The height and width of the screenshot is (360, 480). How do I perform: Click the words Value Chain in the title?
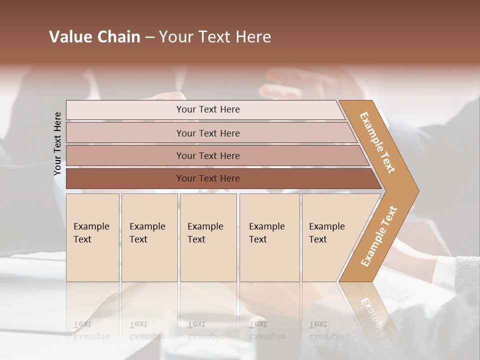point(94,37)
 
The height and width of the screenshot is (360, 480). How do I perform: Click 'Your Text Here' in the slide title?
point(215,37)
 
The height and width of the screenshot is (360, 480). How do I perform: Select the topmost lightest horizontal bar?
point(125,110)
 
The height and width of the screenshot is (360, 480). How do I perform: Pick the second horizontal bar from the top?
point(125,133)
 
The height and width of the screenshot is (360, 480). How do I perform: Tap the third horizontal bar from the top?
point(125,155)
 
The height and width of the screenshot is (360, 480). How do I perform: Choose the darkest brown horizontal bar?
point(125,178)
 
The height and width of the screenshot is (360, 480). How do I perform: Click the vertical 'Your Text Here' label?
point(57,143)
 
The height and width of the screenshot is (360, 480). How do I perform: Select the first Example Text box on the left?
point(92,237)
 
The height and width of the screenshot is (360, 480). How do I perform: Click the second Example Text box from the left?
point(149,237)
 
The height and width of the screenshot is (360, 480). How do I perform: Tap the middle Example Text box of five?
point(208,237)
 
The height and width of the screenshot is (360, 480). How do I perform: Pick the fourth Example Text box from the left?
point(269,237)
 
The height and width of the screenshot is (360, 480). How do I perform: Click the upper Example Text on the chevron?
point(377,142)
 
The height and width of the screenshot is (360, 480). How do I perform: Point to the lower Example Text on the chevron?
point(379,236)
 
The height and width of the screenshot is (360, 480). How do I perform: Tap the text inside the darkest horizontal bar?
point(208,178)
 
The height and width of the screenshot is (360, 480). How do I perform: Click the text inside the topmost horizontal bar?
point(208,109)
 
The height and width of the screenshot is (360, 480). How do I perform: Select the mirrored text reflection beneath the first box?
point(91,330)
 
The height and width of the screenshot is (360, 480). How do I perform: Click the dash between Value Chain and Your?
point(149,37)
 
